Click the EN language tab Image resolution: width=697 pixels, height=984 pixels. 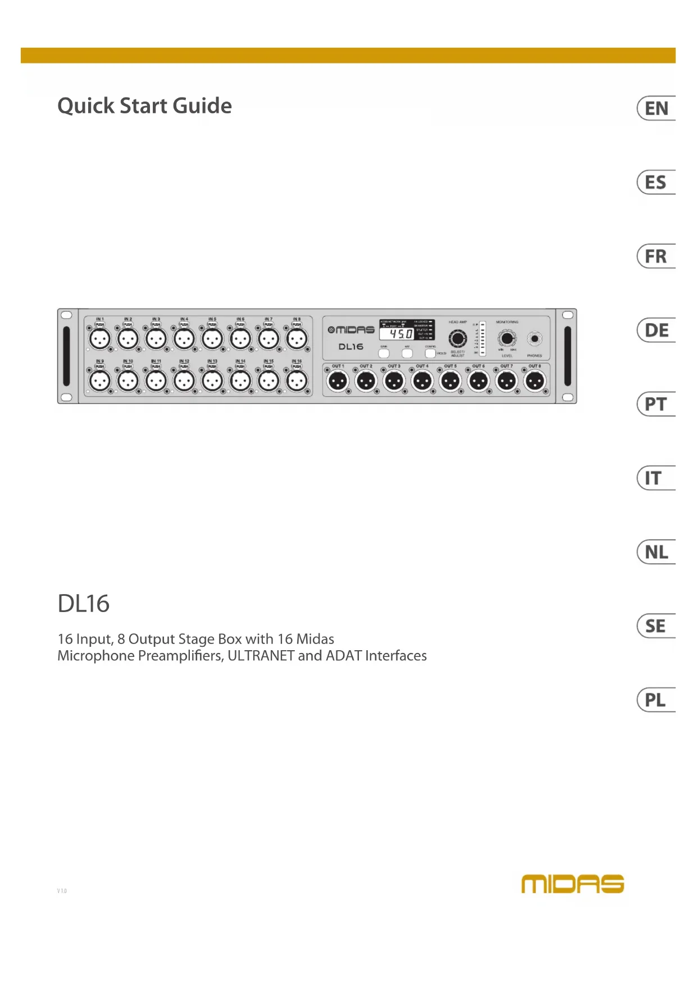(x=656, y=108)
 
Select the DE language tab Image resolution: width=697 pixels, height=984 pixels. (x=656, y=330)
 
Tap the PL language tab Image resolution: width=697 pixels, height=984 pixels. (x=656, y=700)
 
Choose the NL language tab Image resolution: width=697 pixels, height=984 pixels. (x=656, y=552)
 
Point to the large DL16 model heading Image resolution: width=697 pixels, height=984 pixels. (x=84, y=604)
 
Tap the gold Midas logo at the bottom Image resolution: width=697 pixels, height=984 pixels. (x=572, y=884)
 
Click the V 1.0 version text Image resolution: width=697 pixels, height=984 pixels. (x=62, y=891)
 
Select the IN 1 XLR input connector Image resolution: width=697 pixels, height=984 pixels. (x=100, y=339)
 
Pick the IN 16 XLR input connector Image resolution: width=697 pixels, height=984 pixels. (x=297, y=381)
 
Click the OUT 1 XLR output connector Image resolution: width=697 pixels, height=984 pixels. (x=338, y=382)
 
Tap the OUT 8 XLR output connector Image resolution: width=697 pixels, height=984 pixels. (x=535, y=382)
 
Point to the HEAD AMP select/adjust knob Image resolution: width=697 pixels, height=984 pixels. (x=457, y=339)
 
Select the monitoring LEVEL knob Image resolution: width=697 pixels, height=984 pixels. (x=507, y=338)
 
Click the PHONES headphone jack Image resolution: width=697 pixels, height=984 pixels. (x=535, y=339)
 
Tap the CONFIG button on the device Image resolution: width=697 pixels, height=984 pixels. (x=430, y=353)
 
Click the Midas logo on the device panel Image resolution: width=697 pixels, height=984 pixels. (x=351, y=330)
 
